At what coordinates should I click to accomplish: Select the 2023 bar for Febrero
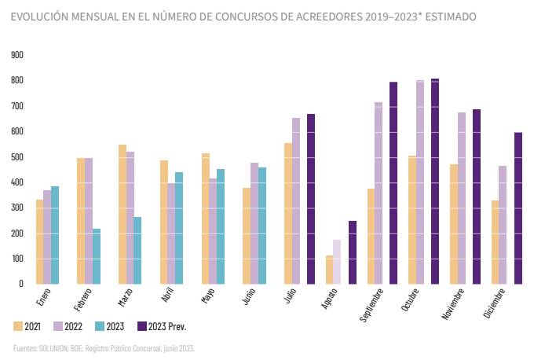(97, 255)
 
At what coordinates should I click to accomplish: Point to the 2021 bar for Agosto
(330, 269)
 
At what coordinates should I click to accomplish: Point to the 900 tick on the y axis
(17, 55)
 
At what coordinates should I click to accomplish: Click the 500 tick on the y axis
(17, 157)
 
